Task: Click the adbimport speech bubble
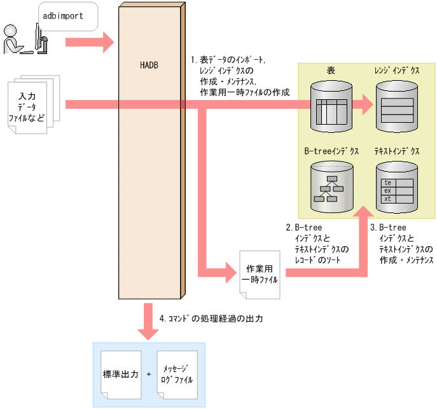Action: click(66, 17)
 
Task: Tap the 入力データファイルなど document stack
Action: click(32, 106)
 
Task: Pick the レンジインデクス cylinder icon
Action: click(398, 106)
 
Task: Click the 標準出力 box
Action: click(121, 375)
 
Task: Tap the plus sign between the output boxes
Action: click(148, 375)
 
